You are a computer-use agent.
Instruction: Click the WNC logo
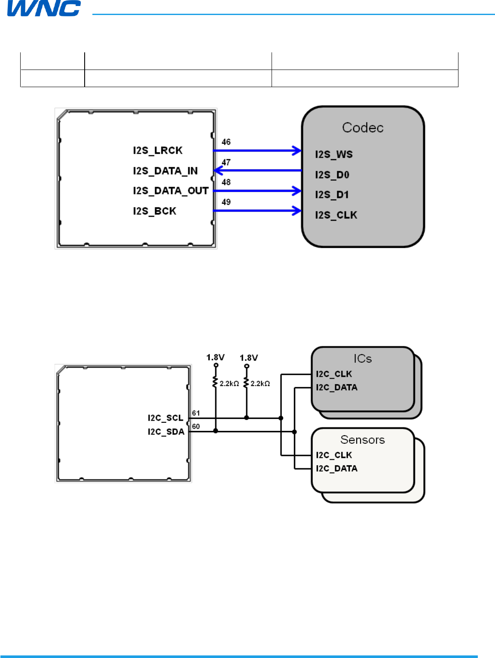click(x=44, y=8)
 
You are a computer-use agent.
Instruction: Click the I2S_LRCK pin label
click(x=158, y=151)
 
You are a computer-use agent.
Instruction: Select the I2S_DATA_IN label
click(x=165, y=171)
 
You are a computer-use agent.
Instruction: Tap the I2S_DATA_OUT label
click(x=171, y=191)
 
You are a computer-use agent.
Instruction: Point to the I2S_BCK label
click(x=155, y=211)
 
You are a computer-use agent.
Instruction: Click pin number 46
click(x=226, y=142)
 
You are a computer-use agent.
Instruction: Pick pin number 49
click(x=226, y=202)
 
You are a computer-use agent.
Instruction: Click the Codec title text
click(x=363, y=128)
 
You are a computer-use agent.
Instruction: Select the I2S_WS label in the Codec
click(x=334, y=155)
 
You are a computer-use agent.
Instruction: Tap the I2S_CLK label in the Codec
click(x=336, y=215)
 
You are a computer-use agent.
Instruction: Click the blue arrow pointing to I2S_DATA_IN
click(x=258, y=171)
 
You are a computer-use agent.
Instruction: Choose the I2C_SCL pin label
click(x=165, y=418)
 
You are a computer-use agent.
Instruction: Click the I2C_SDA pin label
click(x=166, y=432)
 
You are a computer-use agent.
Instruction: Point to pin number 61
click(x=196, y=413)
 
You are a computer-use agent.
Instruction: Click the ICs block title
click(x=363, y=359)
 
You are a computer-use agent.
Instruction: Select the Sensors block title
click(x=362, y=440)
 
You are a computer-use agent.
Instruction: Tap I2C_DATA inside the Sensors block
click(x=336, y=469)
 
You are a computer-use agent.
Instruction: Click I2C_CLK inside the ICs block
click(x=334, y=374)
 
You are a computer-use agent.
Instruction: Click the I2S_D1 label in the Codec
click(x=332, y=195)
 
